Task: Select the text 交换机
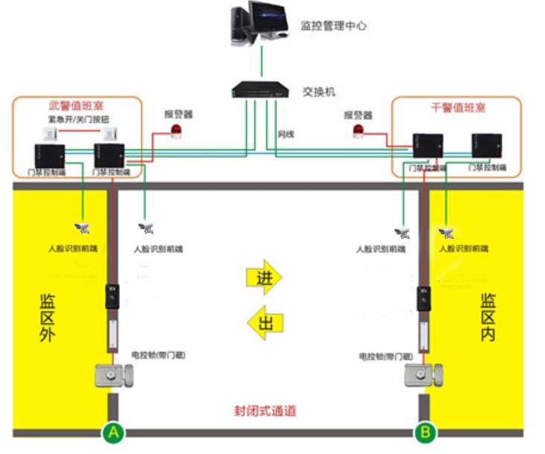point(319,92)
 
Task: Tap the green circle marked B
point(425,431)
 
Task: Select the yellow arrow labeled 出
point(264,322)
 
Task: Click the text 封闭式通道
point(266,411)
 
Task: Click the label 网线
point(286,134)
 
